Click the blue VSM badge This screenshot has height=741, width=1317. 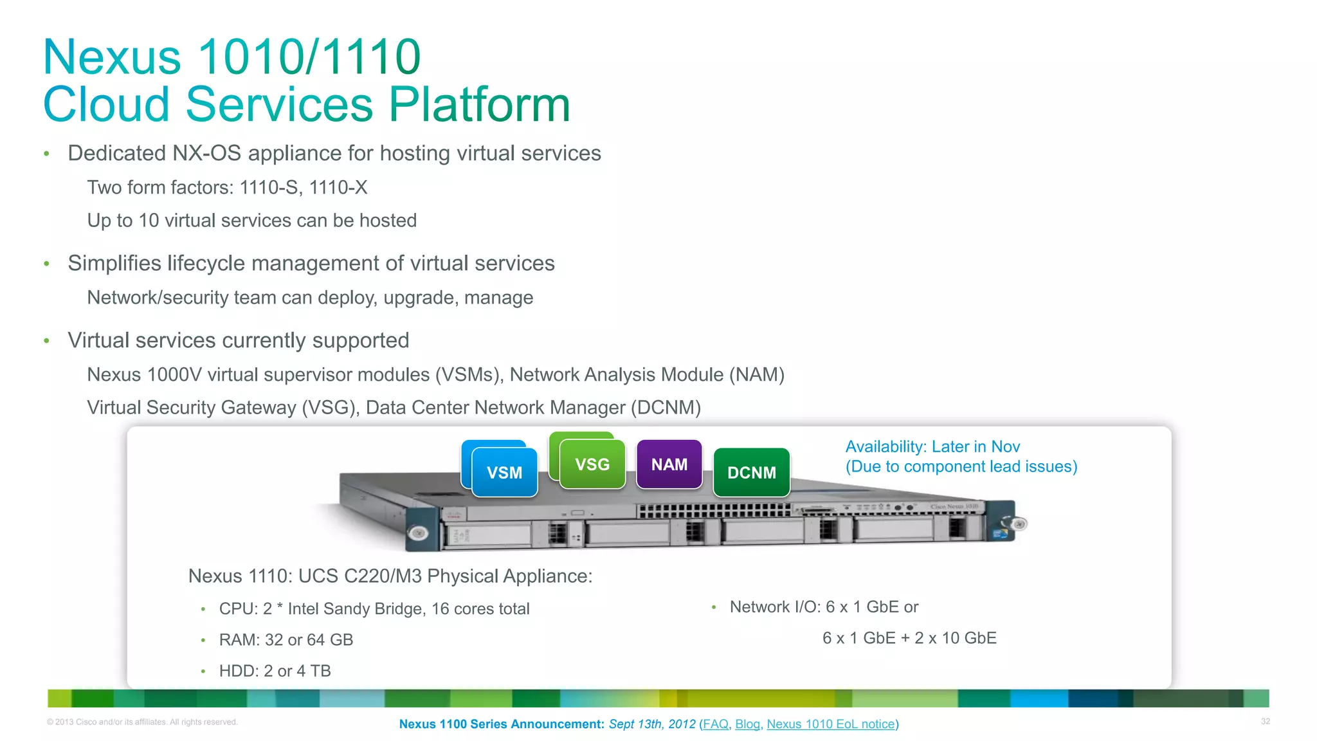(504, 473)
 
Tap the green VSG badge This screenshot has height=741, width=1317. (592, 464)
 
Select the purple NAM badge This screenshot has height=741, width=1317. (669, 464)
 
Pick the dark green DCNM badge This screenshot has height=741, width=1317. (751, 473)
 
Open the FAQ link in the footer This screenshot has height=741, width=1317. (715, 724)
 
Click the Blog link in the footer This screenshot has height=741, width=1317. (747, 724)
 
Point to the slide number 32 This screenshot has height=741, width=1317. (1265, 722)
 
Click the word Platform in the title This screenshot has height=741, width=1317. (479, 104)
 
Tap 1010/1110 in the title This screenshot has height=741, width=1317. (309, 57)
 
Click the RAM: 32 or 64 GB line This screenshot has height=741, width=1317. (286, 640)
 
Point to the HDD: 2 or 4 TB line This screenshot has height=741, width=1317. (275, 671)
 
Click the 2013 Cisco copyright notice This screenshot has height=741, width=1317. (142, 722)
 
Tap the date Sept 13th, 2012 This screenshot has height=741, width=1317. (651, 724)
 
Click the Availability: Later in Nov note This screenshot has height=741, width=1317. (932, 447)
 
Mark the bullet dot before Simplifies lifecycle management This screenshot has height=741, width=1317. (46, 264)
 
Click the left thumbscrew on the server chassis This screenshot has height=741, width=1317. (419, 533)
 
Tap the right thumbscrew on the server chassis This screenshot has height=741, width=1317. (1019, 524)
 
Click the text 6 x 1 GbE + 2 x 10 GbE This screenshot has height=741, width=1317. (909, 638)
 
